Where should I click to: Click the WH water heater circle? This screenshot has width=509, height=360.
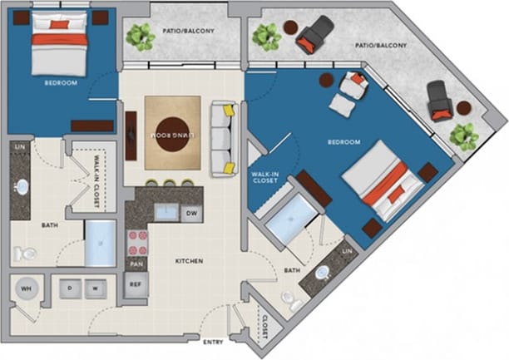pyautogui.click(x=27, y=288)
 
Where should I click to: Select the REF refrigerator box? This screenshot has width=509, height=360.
pyautogui.click(x=136, y=284)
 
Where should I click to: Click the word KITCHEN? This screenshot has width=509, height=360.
pyautogui.click(x=190, y=261)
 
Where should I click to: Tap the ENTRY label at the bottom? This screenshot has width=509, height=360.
pyautogui.click(x=212, y=342)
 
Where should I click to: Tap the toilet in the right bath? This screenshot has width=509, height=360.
pyautogui.click(x=290, y=299)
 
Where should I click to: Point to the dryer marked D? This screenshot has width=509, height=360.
pyautogui.click(x=69, y=288)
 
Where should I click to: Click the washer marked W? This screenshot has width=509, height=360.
pyautogui.click(x=96, y=288)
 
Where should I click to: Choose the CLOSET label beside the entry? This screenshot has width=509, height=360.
pyautogui.click(x=264, y=329)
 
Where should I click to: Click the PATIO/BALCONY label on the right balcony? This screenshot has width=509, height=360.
pyautogui.click(x=381, y=47)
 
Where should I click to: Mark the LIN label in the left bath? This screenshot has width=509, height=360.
pyautogui.click(x=18, y=147)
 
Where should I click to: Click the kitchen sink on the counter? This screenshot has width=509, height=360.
pyautogui.click(x=166, y=211)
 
